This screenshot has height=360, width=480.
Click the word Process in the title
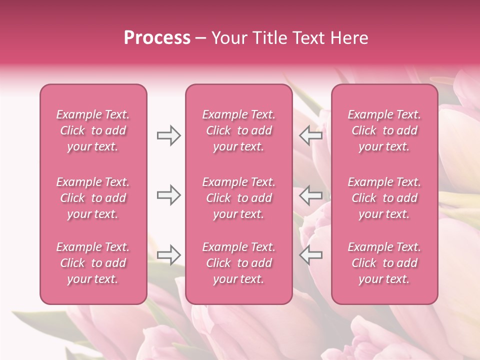click(157, 38)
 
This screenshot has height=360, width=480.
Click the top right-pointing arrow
click(169, 135)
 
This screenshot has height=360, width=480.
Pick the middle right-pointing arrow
click(169, 195)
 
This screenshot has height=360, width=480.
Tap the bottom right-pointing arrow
click(169, 255)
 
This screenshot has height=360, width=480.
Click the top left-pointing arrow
click(310, 135)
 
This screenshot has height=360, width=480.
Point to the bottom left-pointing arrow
click(310, 255)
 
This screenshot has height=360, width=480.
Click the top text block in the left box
click(93, 130)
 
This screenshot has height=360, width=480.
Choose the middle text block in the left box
click(93, 198)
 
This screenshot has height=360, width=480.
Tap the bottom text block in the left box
click(93, 263)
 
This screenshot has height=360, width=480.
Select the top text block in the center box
click(238, 130)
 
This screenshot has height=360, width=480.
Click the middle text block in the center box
click(238, 198)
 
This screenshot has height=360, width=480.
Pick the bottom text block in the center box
click(238, 263)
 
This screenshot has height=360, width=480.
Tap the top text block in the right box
click(384, 130)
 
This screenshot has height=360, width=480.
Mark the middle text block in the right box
click(384, 198)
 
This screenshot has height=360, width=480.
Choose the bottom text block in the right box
click(384, 263)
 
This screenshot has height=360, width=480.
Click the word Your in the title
click(228, 38)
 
